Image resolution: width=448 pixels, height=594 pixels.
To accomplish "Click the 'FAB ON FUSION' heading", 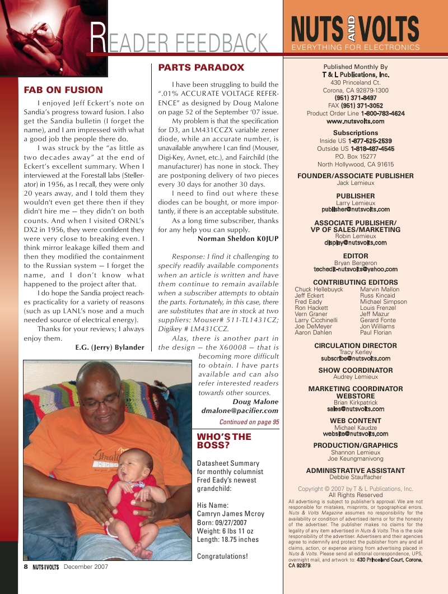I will (x=63, y=90).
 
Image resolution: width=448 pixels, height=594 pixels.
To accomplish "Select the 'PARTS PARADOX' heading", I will (x=201, y=68).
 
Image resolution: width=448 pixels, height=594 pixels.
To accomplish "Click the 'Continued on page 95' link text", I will (x=249, y=422).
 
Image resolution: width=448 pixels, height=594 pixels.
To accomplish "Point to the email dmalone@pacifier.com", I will (x=239, y=411).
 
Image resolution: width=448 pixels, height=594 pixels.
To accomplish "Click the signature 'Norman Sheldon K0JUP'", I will (x=238, y=239).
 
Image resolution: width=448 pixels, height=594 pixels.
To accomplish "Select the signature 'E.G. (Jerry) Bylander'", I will (x=109, y=347).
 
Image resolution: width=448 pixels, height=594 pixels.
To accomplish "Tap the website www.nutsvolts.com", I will (x=355, y=121).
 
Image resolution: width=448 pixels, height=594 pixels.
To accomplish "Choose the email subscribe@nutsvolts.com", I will (x=355, y=358).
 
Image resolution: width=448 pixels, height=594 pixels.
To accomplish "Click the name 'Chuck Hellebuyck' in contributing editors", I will (x=319, y=290).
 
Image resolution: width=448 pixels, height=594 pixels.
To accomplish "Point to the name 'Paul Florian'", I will (x=376, y=333).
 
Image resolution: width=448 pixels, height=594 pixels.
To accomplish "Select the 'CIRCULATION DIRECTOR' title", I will (x=355, y=346).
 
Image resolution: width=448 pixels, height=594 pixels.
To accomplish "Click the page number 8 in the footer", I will (x=26, y=567).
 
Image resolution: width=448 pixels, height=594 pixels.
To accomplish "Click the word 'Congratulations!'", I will (x=222, y=556).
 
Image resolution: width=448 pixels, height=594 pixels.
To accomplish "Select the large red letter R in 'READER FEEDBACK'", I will (x=98, y=40).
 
